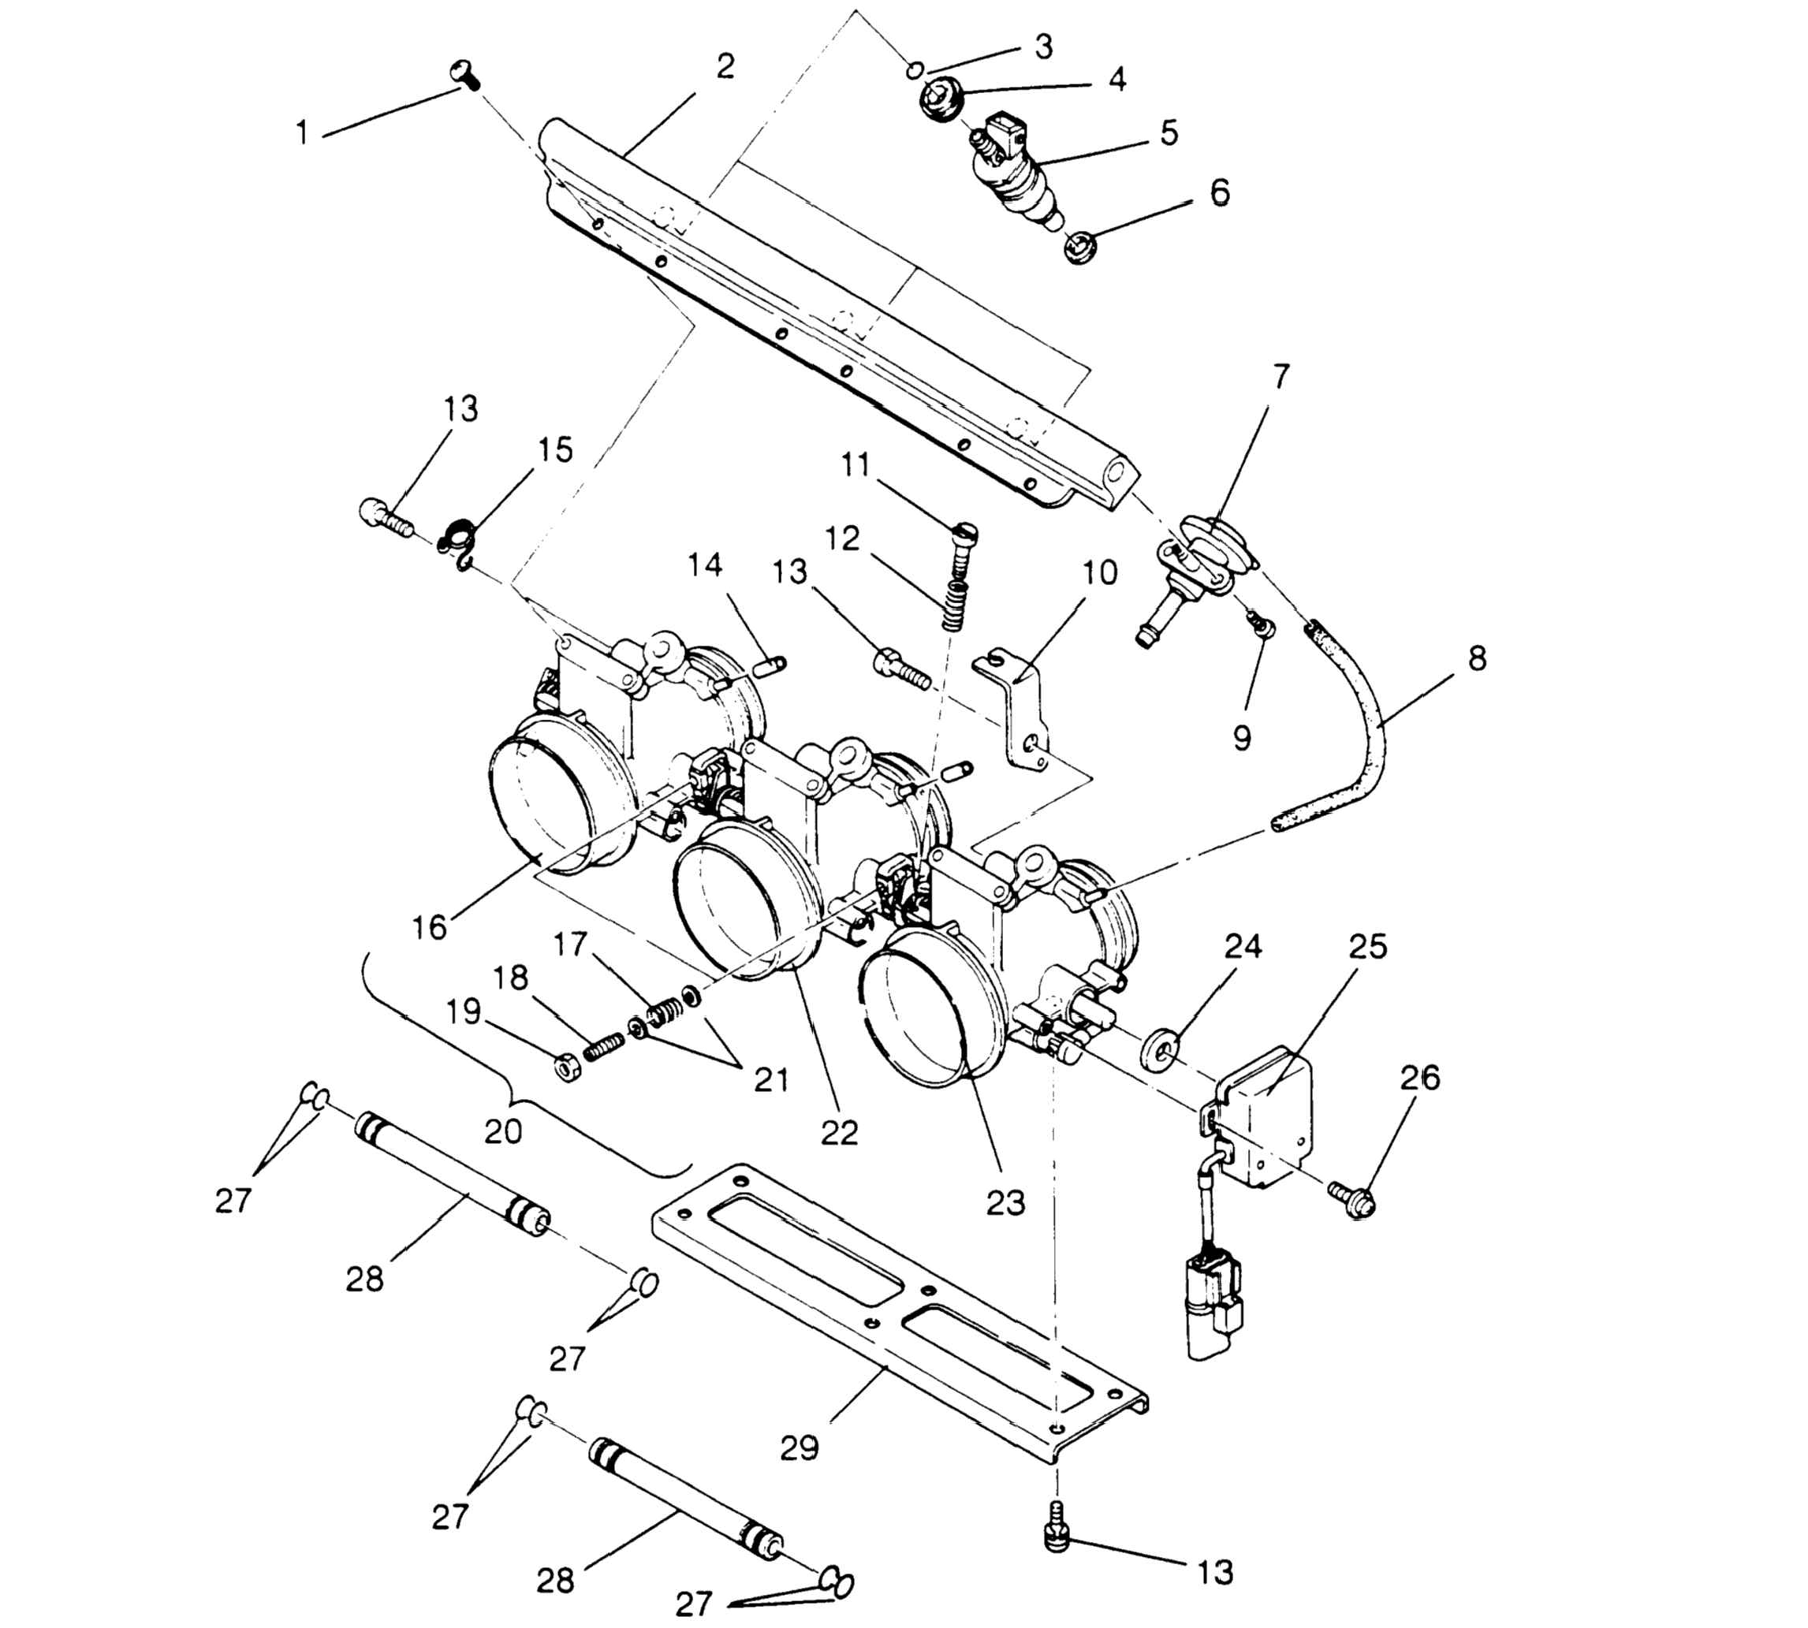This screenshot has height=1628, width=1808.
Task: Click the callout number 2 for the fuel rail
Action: pos(725,65)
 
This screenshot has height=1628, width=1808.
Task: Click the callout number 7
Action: pos(1281,377)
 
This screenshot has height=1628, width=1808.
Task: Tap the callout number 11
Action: pos(856,465)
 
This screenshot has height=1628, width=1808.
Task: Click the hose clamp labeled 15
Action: pos(460,543)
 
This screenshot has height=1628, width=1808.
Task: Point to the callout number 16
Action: pos(430,926)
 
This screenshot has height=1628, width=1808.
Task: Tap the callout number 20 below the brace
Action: pos(503,1131)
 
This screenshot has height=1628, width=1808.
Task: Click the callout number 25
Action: pos(1368,945)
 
